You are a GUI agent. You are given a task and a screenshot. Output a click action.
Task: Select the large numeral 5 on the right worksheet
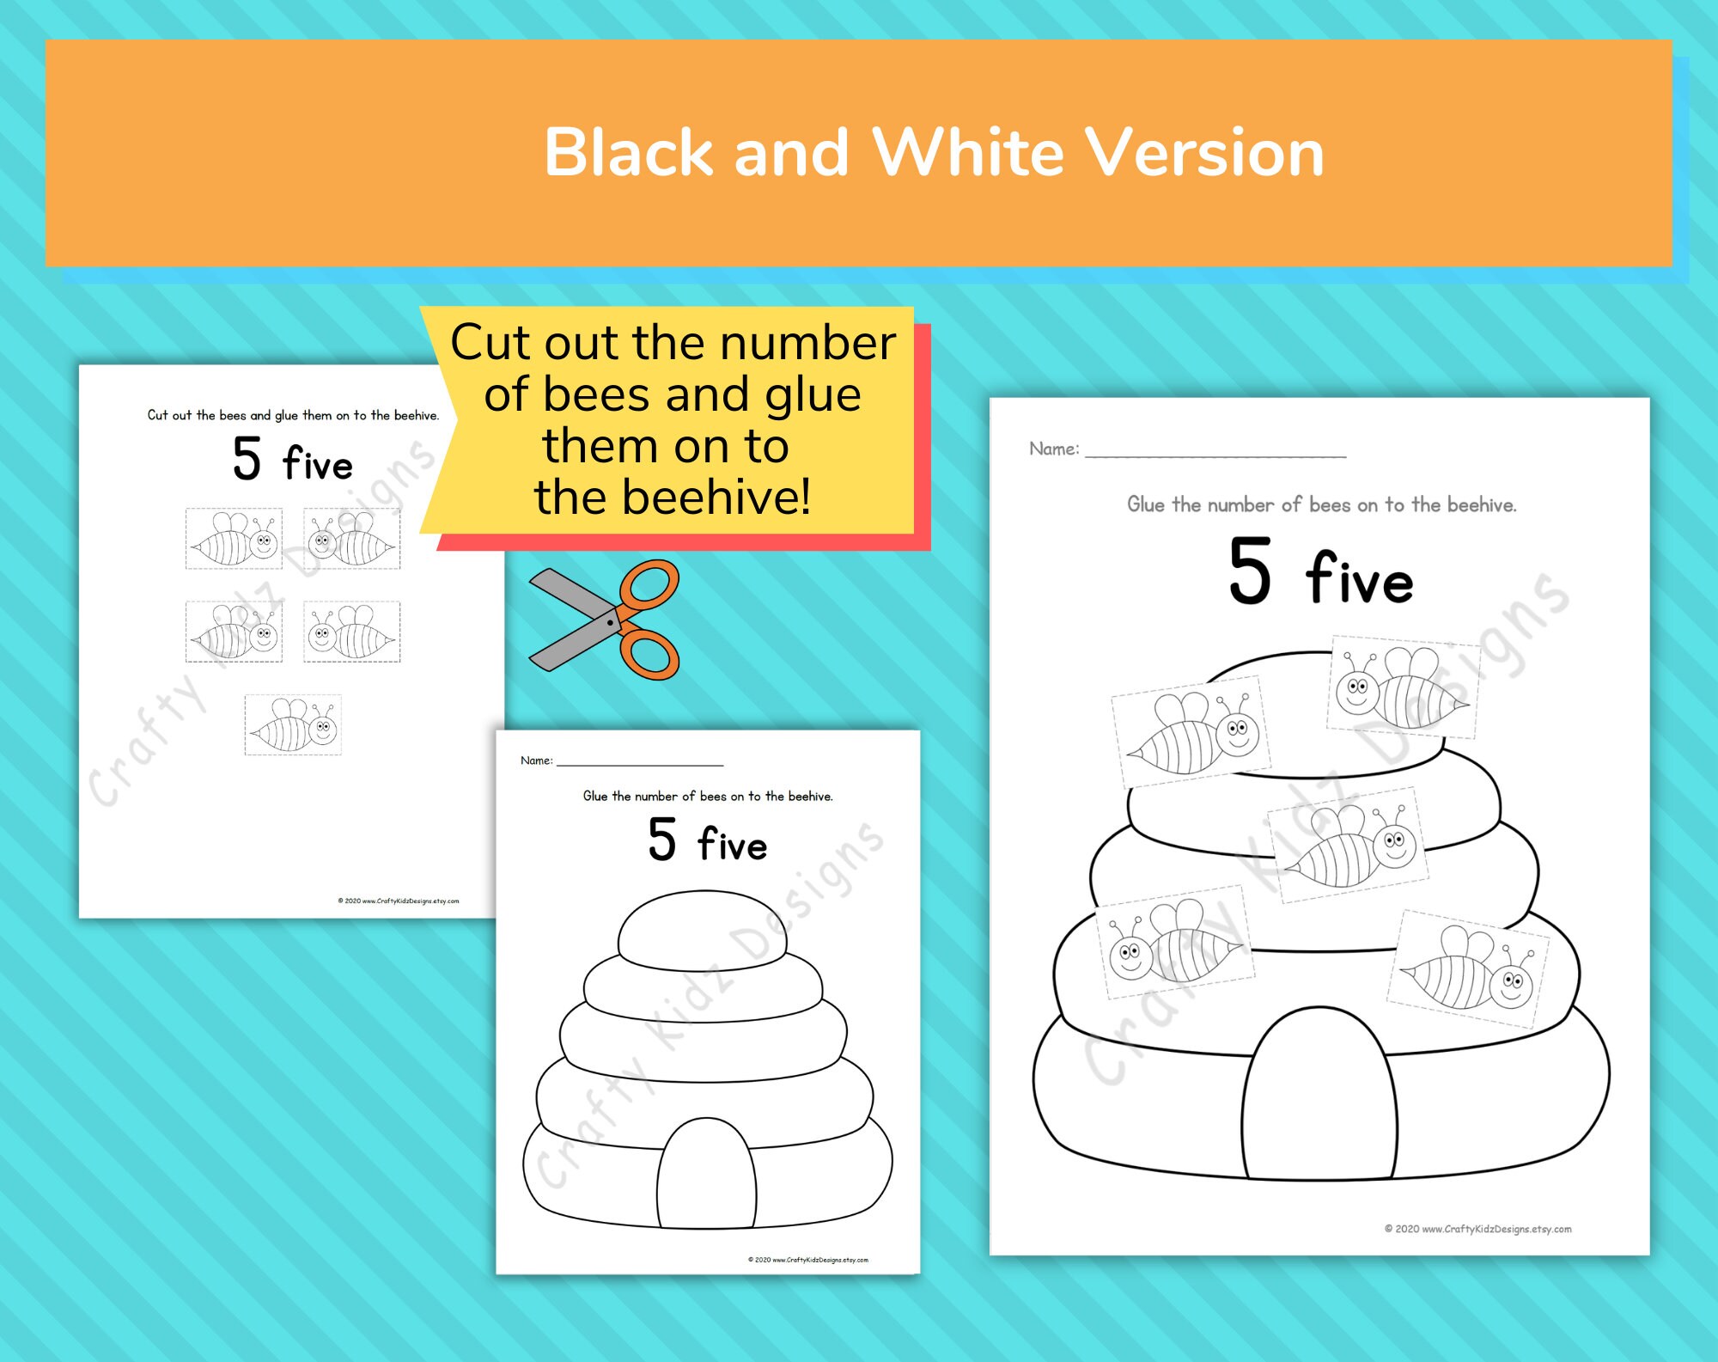click(1249, 571)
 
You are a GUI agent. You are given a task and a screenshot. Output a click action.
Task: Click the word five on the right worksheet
click(1359, 579)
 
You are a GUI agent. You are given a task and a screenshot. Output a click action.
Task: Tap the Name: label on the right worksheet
click(1054, 449)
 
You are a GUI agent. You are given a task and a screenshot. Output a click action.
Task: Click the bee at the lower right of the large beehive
click(1468, 968)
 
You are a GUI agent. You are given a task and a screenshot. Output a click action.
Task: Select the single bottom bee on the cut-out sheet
click(293, 725)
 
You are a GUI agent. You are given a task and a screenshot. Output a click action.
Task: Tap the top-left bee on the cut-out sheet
click(234, 539)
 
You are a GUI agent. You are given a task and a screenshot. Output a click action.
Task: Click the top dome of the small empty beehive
click(703, 930)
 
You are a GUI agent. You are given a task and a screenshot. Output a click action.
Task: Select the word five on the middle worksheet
click(732, 844)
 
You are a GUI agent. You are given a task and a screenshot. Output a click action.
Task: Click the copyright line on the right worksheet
click(1477, 1229)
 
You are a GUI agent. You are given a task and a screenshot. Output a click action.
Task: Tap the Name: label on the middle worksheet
click(536, 760)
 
